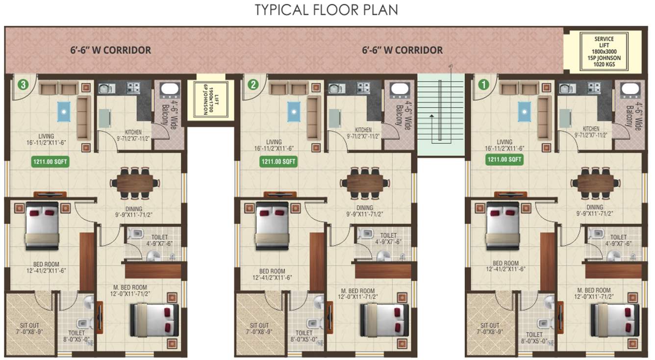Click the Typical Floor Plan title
click(326, 10)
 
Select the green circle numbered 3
click(23, 84)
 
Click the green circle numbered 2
click(253, 84)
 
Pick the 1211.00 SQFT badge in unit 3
click(48, 160)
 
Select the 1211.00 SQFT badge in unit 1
click(504, 160)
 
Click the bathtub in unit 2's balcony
click(398, 91)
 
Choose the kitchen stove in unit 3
click(133, 88)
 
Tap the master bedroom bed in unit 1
click(615, 320)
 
